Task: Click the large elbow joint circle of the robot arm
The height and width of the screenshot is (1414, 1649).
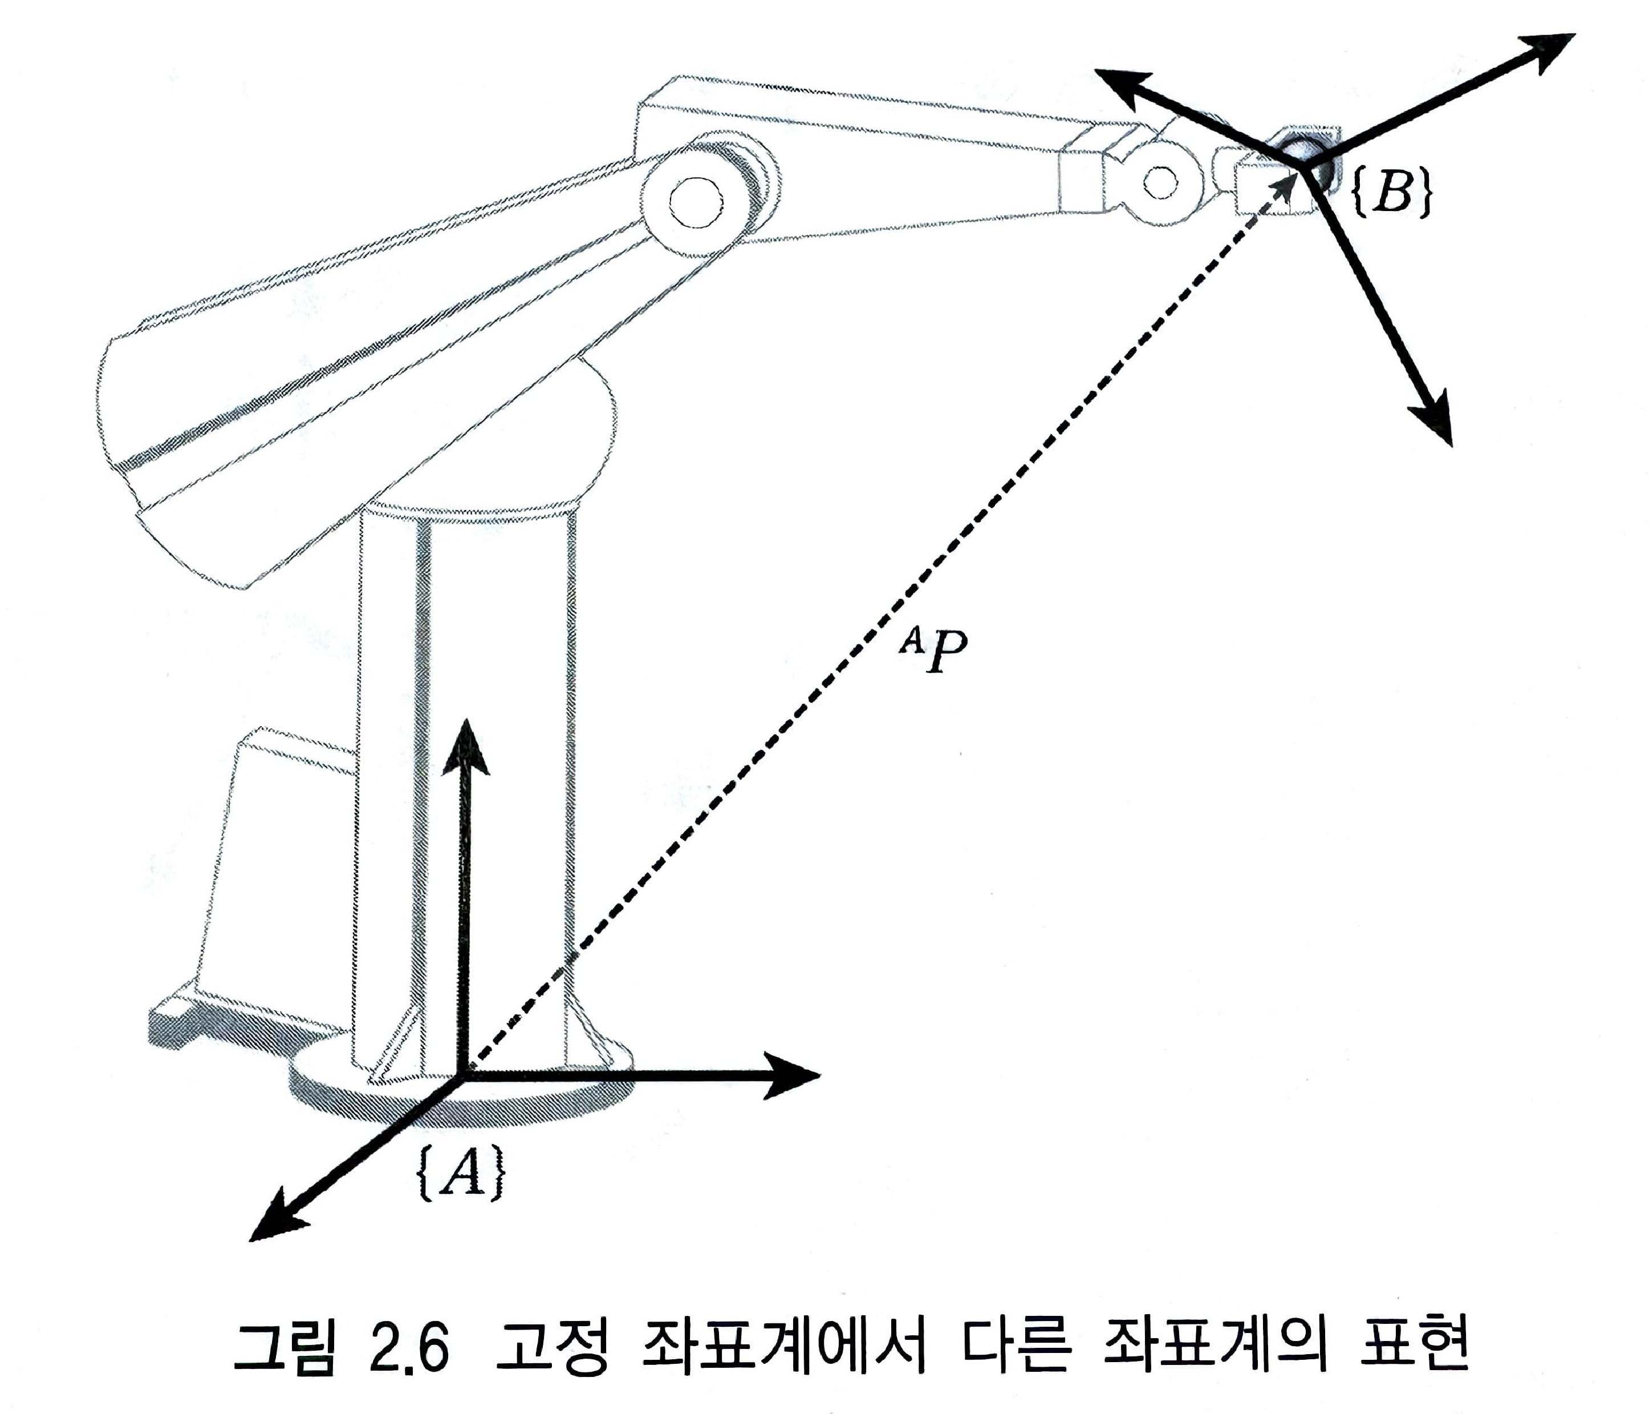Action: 698,202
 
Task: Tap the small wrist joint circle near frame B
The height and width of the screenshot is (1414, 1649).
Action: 1160,184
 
